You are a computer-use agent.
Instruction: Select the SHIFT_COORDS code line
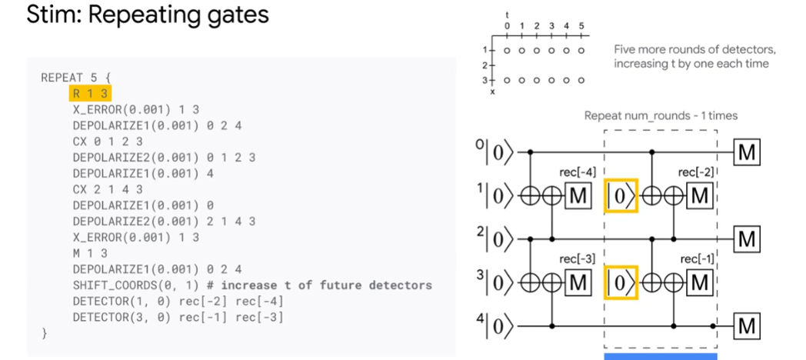252,285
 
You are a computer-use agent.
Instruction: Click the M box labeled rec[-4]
578,196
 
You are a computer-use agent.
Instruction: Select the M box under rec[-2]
699,196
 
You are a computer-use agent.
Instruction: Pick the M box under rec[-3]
578,283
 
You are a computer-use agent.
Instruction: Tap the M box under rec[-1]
699,283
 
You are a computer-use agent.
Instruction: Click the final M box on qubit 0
747,153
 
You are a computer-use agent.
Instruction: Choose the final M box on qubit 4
747,327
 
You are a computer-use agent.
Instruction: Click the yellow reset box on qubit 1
621,196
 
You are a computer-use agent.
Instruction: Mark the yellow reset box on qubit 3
621,283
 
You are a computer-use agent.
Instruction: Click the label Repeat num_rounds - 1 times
661,116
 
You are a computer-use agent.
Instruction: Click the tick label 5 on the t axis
581,26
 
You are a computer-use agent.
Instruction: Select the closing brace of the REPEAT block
45,334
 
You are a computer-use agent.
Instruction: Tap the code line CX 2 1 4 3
108,189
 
